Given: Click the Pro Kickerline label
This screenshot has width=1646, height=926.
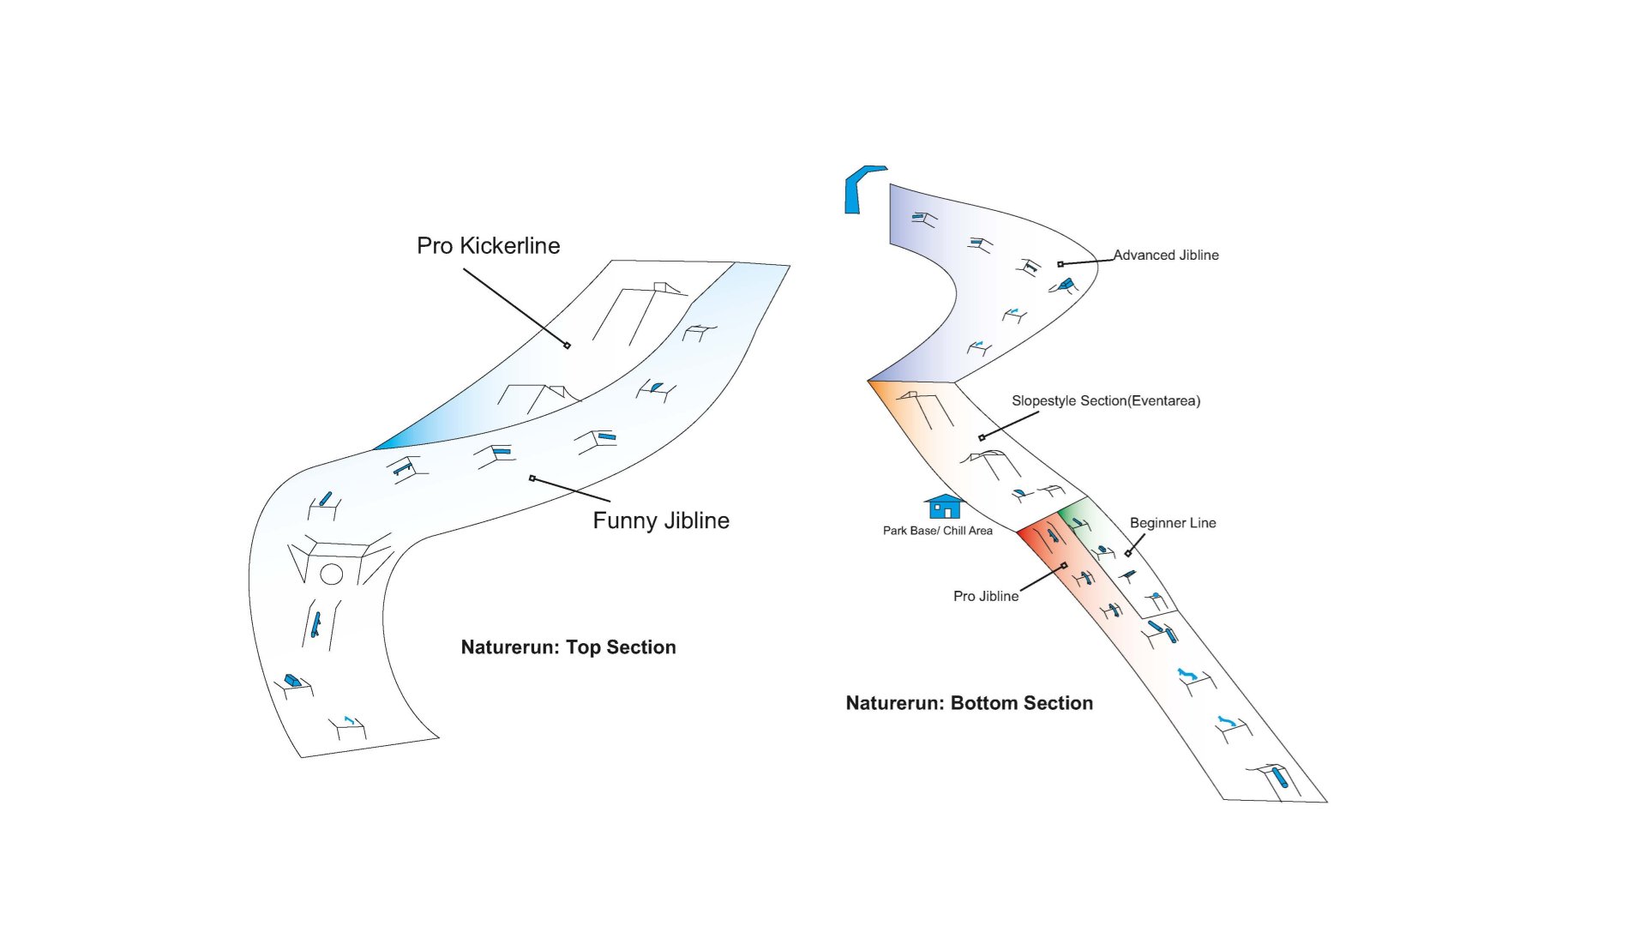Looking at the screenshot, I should tap(488, 246).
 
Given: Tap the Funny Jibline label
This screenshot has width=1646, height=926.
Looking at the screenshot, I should tap(661, 520).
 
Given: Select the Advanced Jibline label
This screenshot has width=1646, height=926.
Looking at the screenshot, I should tap(1166, 256).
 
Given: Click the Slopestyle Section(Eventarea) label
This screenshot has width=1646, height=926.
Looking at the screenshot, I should tap(1105, 400).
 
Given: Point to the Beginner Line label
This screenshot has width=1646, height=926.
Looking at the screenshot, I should tap(1172, 523).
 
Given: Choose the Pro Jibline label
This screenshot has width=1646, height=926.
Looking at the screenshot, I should tap(986, 596).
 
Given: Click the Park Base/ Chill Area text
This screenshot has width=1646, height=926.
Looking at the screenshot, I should tap(937, 531).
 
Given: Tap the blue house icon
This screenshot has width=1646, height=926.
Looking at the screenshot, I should tap(944, 507).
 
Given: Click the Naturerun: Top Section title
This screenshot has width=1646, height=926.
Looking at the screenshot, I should tap(568, 647).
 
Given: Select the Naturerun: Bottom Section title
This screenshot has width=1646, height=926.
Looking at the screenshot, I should tap(969, 703).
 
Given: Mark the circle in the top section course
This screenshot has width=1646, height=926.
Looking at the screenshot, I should tap(332, 574).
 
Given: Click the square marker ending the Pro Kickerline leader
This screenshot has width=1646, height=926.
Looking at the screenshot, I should tap(567, 346).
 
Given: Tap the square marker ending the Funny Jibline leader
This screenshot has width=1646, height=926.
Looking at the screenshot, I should tap(532, 478).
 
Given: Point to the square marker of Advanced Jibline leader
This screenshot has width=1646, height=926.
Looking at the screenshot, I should tap(1060, 264).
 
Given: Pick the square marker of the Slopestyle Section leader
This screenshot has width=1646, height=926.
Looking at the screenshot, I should tap(982, 438).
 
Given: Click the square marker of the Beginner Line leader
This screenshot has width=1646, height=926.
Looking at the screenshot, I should tap(1127, 553).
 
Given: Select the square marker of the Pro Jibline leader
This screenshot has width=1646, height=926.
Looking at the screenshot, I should tap(1065, 566).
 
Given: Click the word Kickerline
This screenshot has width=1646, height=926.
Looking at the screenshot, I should tap(509, 246).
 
